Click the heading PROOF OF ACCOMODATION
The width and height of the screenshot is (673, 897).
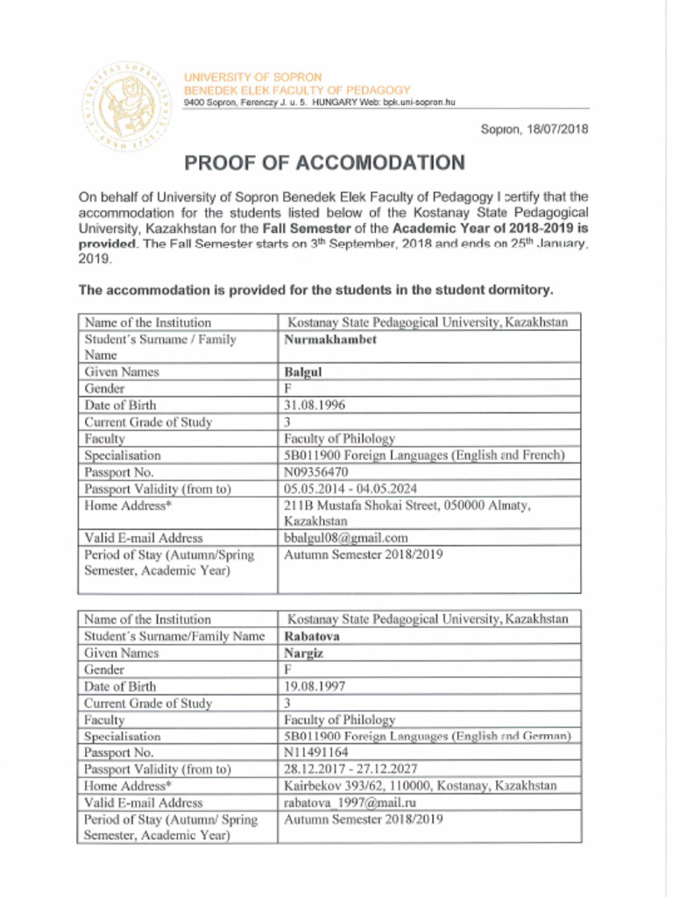pyautogui.click(x=324, y=164)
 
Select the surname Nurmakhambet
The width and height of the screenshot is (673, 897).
pyautogui.click(x=329, y=340)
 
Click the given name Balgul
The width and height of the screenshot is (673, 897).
pyautogui.click(x=303, y=372)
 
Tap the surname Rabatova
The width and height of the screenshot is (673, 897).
pyautogui.click(x=311, y=637)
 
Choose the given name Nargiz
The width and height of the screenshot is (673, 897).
pyautogui.click(x=304, y=653)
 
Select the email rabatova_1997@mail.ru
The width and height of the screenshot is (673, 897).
pyautogui.click(x=350, y=802)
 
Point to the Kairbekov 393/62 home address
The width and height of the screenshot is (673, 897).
pyautogui.click(x=420, y=786)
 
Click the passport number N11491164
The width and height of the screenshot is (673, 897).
pyautogui.click(x=315, y=752)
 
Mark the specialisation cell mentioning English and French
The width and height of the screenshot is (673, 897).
pyautogui.click(x=424, y=456)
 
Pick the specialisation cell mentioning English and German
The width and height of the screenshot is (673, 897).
pyautogui.click(x=427, y=737)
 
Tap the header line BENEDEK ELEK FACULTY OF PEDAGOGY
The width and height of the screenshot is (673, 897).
pyautogui.click(x=296, y=90)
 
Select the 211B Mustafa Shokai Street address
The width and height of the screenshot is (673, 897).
pyautogui.click(x=407, y=513)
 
